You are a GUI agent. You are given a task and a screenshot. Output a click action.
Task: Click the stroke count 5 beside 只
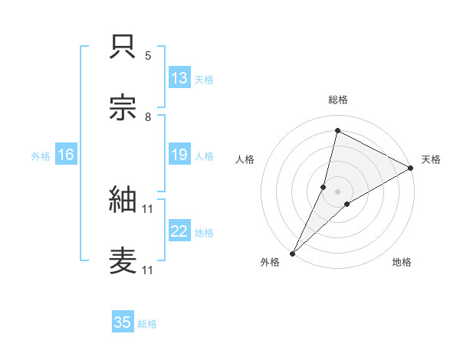click(148, 56)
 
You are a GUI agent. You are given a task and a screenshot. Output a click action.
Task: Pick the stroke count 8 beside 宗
click(148, 117)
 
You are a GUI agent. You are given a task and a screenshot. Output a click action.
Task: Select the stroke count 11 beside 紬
click(148, 208)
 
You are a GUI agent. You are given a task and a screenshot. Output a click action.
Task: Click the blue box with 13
click(179, 78)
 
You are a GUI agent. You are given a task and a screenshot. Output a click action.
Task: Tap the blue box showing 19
click(179, 155)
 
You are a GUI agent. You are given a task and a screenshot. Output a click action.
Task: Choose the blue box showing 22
click(179, 232)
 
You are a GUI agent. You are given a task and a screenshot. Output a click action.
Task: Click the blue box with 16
click(65, 155)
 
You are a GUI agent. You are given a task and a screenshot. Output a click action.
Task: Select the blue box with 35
click(123, 322)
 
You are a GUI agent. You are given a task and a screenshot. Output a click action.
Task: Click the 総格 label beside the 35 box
click(148, 324)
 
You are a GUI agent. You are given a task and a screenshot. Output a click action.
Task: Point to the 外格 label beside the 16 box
click(41, 156)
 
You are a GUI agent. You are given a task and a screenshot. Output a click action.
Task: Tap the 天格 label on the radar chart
click(431, 159)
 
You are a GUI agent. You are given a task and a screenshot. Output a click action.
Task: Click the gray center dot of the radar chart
click(337, 191)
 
